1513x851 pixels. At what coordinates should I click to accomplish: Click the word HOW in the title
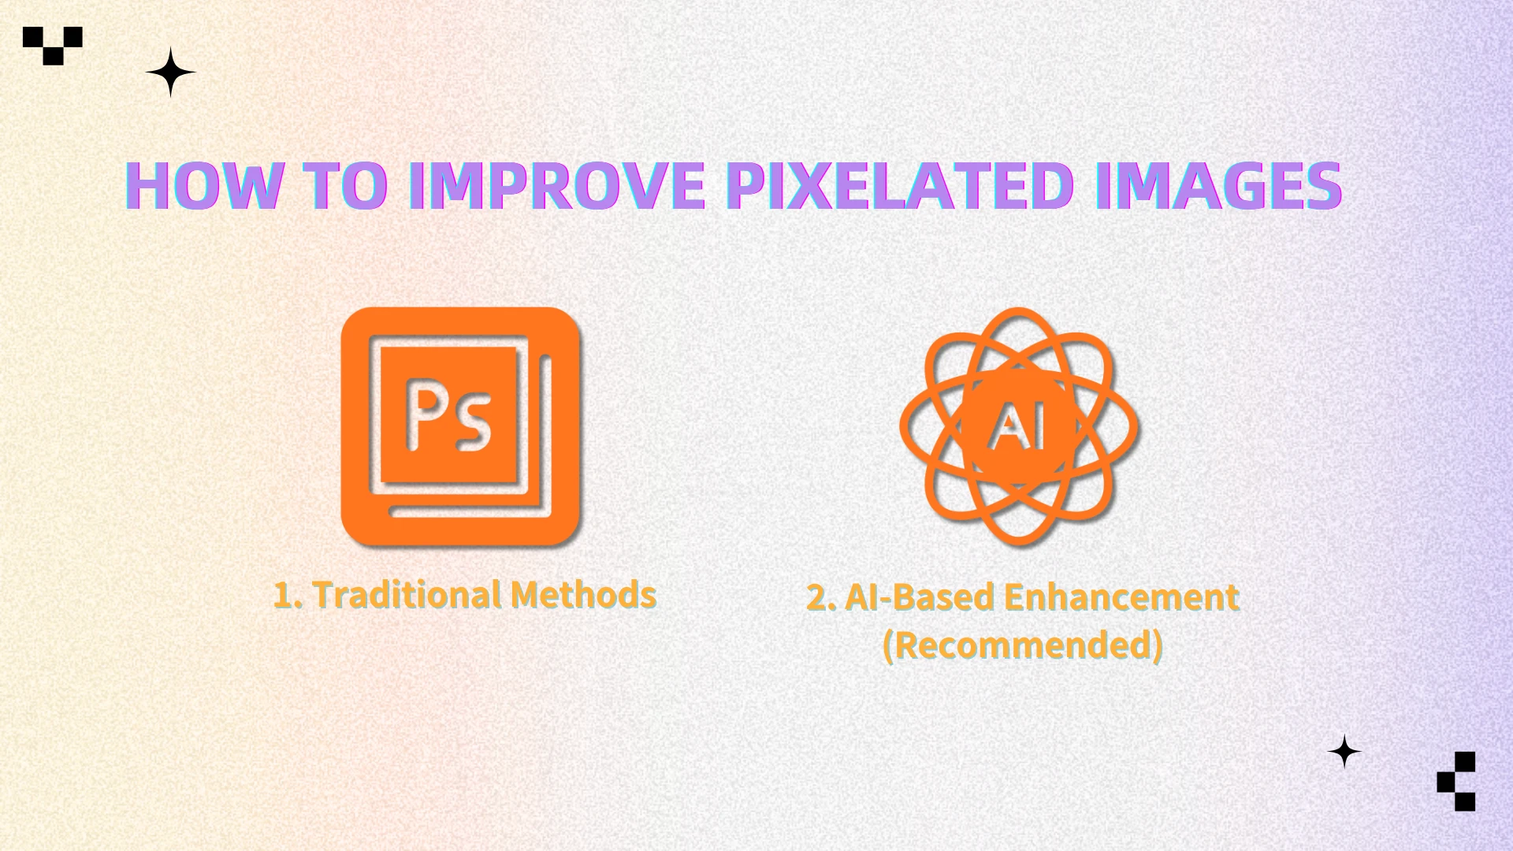click(x=204, y=186)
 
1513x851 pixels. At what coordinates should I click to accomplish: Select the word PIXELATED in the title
click(x=899, y=186)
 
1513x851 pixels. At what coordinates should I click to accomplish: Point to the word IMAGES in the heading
click(x=1217, y=186)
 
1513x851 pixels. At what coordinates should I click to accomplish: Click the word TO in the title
click(x=346, y=186)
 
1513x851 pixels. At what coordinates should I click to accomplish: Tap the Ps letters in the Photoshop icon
click(x=448, y=415)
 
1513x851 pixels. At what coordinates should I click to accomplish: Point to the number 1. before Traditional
click(x=288, y=596)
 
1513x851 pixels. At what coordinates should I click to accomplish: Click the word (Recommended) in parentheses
click(x=1022, y=645)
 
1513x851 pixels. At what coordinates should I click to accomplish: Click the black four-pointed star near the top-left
click(x=170, y=72)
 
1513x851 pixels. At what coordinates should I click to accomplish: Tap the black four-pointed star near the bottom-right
click(x=1344, y=752)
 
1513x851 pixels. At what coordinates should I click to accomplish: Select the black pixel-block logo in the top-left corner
click(x=53, y=45)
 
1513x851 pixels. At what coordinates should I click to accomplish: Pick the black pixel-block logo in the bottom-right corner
click(x=1457, y=781)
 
